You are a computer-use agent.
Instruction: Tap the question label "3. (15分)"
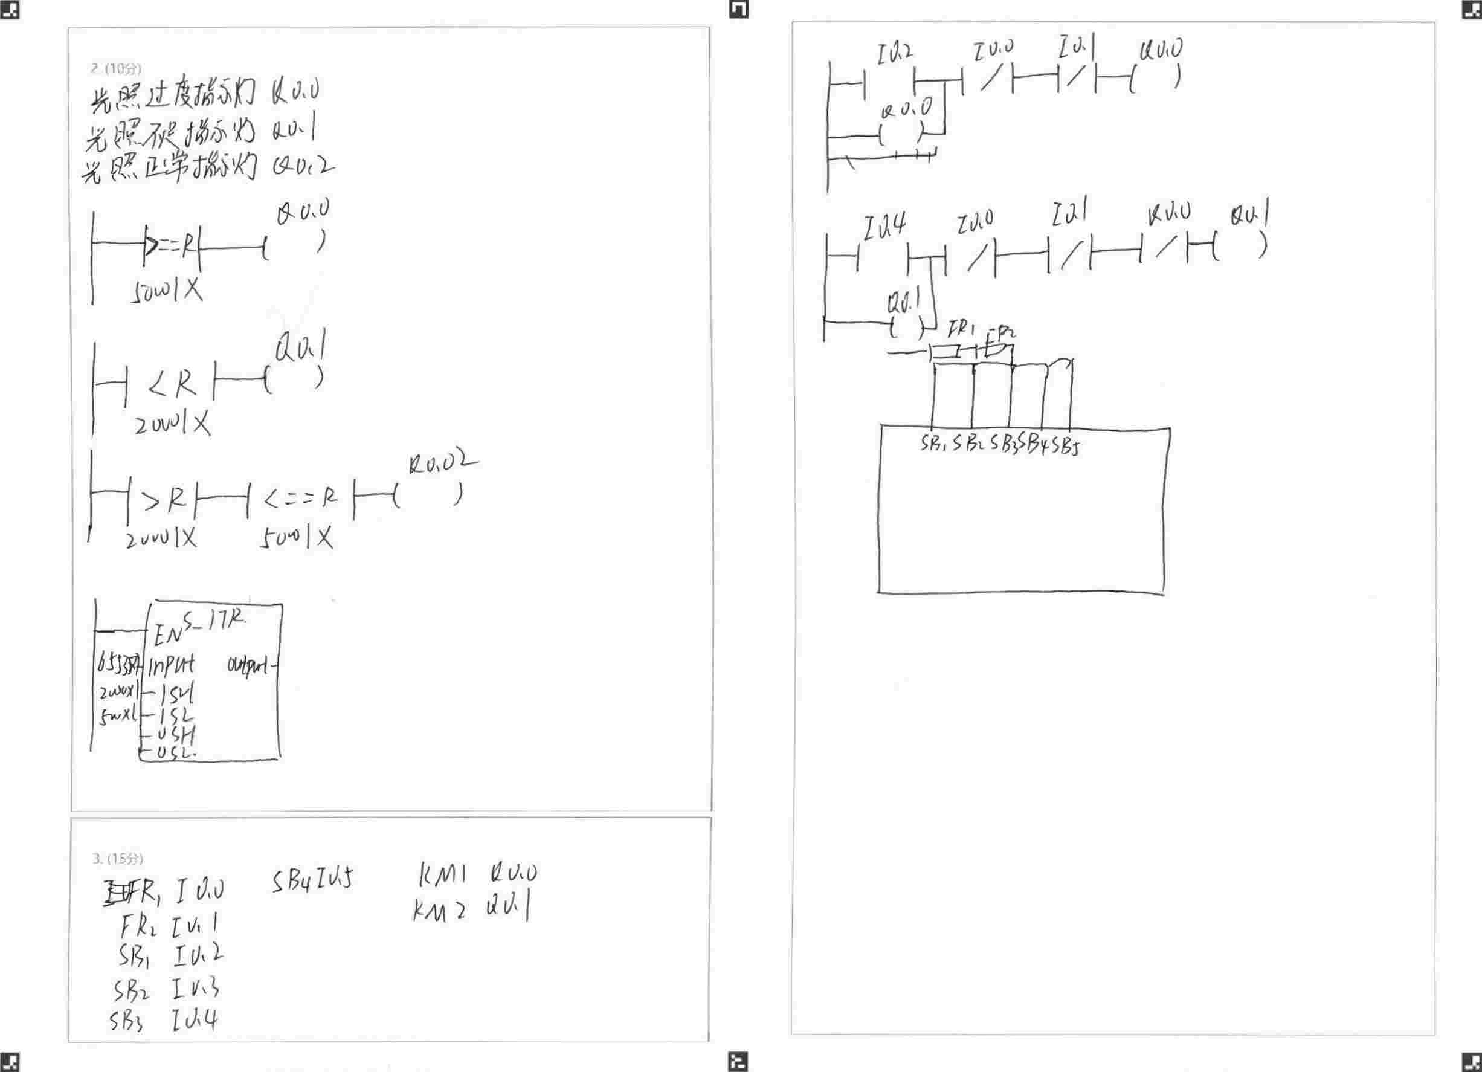pos(117,858)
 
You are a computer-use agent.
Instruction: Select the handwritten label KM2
pos(439,910)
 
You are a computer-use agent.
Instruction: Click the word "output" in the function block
pos(248,666)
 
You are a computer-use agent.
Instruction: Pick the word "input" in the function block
pos(171,666)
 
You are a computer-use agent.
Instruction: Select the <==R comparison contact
pos(301,499)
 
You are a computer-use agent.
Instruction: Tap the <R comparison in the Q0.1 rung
pos(172,385)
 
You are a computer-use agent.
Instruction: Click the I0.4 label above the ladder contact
pos(884,226)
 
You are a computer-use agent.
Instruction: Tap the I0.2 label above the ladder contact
pos(895,54)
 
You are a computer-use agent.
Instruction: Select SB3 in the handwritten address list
pos(126,1021)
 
